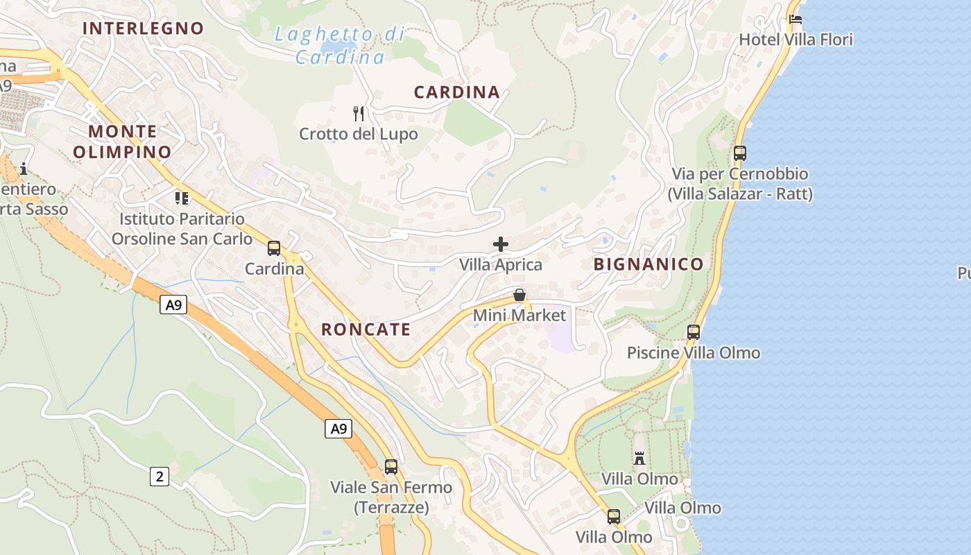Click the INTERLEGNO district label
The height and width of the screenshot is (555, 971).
click(143, 28)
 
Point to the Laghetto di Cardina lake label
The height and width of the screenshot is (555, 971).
click(340, 45)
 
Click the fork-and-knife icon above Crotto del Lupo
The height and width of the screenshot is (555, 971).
click(359, 113)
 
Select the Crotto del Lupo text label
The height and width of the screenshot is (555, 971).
click(359, 134)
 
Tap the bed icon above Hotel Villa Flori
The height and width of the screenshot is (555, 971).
click(796, 19)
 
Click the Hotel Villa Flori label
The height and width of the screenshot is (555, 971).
click(796, 40)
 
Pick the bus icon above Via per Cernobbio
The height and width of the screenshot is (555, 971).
click(740, 153)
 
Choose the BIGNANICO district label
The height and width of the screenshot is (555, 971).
click(648, 264)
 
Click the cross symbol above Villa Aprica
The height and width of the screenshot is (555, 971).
click(501, 244)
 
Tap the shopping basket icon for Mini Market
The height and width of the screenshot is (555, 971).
click(519, 295)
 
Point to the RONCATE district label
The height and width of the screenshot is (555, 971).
click(366, 330)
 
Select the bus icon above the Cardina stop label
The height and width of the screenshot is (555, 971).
click(274, 248)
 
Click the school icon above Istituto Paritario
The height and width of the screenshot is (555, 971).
click(182, 198)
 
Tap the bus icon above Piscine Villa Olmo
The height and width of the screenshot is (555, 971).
click(694, 332)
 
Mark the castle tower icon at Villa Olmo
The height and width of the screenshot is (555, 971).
click(639, 458)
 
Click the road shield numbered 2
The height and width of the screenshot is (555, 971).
click(160, 477)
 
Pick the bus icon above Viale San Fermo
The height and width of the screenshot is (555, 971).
click(391, 467)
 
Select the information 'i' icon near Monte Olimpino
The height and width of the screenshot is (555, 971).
click(24, 169)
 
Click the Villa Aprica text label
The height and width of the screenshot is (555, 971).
click(501, 265)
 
